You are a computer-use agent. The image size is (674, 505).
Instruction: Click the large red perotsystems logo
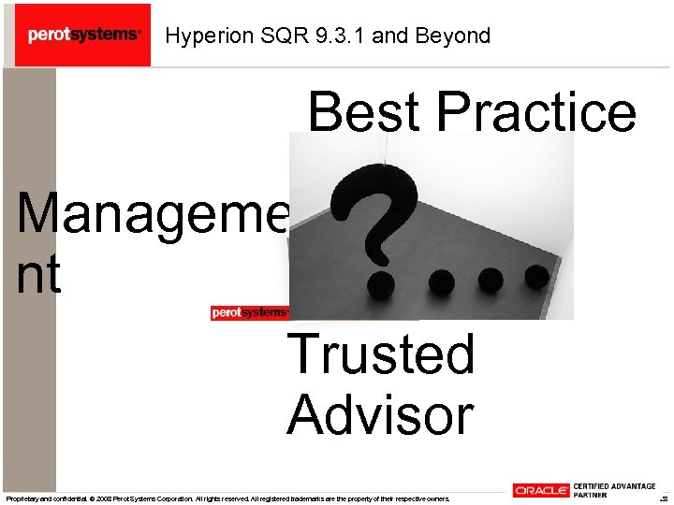click(x=83, y=35)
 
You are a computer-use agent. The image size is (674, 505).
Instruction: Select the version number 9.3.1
click(x=342, y=36)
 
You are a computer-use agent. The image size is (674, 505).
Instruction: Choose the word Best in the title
click(x=367, y=111)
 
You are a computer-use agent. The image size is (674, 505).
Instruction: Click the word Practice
click(x=536, y=111)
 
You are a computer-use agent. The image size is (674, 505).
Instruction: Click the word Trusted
click(x=381, y=353)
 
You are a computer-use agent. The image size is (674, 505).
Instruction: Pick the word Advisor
click(x=380, y=414)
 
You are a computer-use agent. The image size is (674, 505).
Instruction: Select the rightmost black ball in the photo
click(x=535, y=276)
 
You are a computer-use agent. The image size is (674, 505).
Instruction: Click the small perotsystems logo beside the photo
click(x=249, y=312)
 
